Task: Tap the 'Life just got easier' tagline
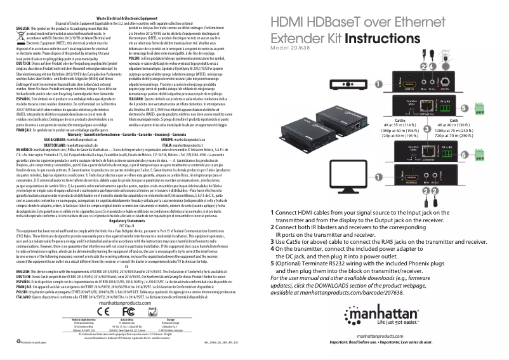coord(448,322)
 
